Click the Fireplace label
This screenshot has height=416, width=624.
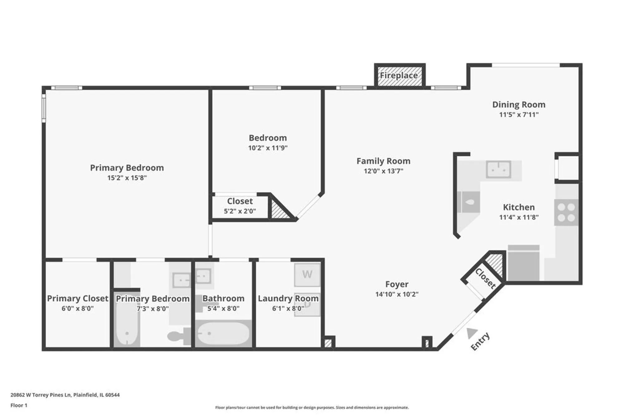399,75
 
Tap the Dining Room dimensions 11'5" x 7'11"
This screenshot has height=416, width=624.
519,114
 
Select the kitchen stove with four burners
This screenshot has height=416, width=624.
566,212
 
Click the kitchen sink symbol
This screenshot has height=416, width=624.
498,169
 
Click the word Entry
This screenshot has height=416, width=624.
480,342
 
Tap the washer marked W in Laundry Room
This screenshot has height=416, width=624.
307,274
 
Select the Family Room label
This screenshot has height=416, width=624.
383,161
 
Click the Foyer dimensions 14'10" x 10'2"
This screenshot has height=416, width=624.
397,294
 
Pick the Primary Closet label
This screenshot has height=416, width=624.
77,298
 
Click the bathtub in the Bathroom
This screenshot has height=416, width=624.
223,333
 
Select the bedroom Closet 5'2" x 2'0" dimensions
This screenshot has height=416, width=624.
240,211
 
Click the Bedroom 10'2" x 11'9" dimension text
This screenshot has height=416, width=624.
268,148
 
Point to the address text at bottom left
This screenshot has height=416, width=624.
65,395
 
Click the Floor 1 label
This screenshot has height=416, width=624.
19,405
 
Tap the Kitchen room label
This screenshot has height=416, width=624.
519,207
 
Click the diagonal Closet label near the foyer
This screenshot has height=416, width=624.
485,278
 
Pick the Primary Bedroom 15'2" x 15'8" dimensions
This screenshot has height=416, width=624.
127,178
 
